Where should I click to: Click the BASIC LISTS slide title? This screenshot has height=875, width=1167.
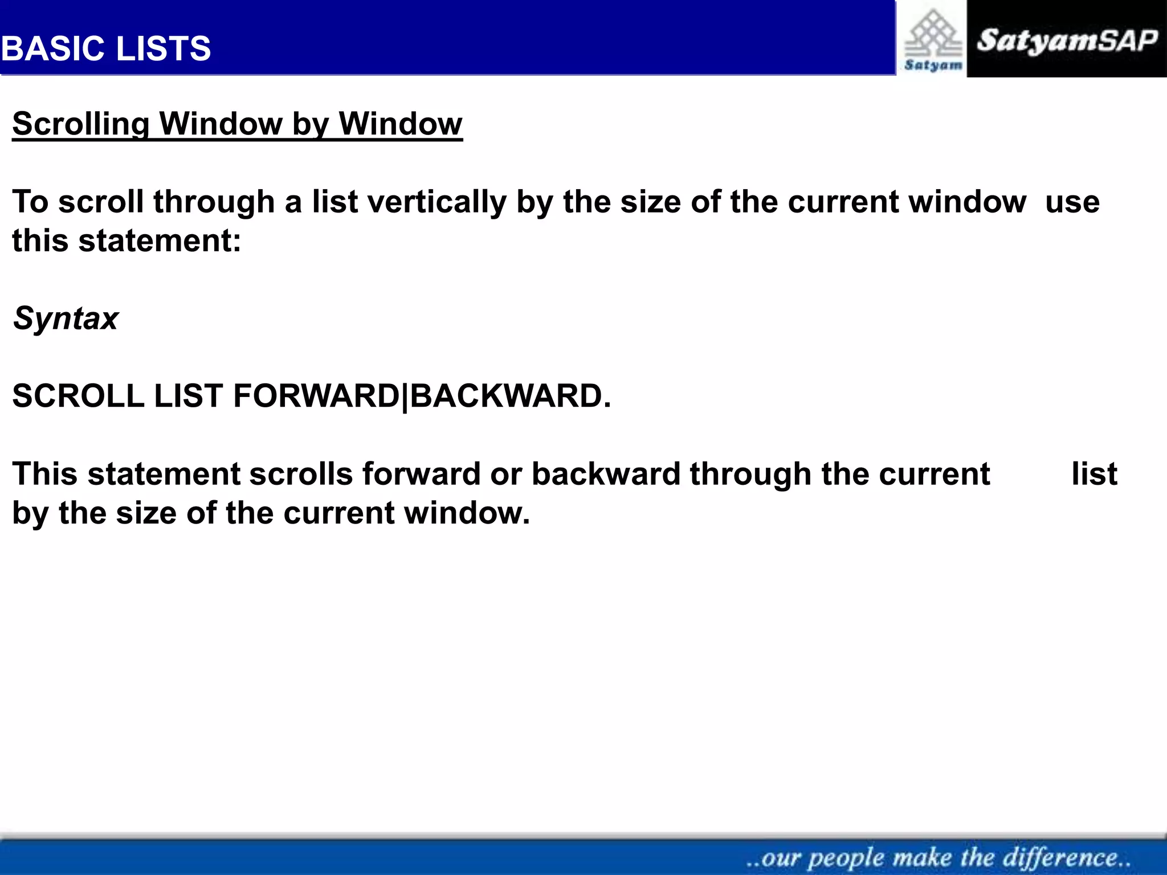[106, 48]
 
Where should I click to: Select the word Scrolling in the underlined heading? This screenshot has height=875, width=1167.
[80, 124]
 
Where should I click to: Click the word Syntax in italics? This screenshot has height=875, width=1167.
[66, 318]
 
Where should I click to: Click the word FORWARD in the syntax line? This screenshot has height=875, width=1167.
[316, 395]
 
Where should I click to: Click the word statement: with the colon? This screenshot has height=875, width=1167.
[160, 240]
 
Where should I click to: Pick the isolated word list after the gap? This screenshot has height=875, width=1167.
[1094, 474]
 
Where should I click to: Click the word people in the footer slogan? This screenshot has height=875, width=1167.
[846, 858]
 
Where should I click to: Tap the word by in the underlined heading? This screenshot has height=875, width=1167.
[310, 124]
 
